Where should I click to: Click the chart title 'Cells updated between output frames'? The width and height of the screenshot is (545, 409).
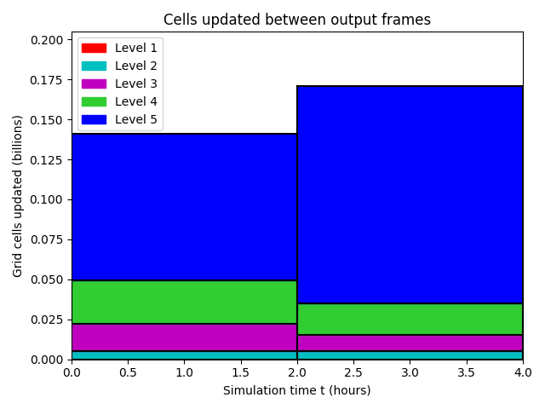pos(297,20)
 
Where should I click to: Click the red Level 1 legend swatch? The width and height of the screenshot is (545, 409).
pos(94,48)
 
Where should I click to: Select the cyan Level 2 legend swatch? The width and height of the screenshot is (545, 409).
pos(94,66)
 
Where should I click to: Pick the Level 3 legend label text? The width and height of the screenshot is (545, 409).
pos(136,84)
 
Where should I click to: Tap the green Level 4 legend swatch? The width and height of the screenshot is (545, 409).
pos(94,101)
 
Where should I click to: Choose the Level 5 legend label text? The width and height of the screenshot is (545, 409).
pos(136,119)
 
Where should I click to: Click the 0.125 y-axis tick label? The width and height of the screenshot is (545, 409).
pos(47,160)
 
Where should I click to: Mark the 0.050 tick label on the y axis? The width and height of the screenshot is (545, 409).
pos(47,279)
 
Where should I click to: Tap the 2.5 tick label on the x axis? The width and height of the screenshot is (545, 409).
pos(353,372)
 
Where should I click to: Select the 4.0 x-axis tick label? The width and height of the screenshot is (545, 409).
pos(523,372)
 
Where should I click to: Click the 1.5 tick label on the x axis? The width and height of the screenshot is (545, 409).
pos(241,372)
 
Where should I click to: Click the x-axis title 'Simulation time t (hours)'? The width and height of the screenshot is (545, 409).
pos(297,390)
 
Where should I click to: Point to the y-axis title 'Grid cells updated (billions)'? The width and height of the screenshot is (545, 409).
pos(17,196)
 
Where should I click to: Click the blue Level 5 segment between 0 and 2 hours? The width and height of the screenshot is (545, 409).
pos(184,207)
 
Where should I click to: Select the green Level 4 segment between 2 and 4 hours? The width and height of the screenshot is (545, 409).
pos(410,320)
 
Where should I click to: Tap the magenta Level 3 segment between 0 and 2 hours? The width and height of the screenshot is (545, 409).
pos(184,337)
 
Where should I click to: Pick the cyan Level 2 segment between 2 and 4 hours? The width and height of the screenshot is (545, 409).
pos(410,355)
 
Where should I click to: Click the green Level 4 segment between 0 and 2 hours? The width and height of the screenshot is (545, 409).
pos(184,302)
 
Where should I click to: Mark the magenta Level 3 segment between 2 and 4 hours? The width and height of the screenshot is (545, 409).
pos(410,343)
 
